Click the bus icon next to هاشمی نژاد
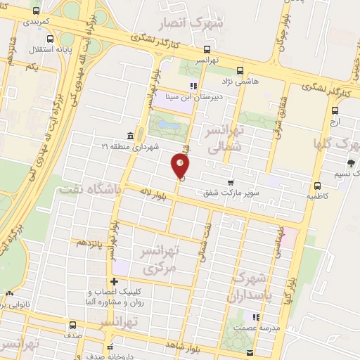(240, 70)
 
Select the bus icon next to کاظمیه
(318, 186)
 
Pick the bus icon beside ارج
(335, 110)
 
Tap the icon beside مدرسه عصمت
(256, 317)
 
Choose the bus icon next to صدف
(71, 326)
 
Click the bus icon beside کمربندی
(36, 12)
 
